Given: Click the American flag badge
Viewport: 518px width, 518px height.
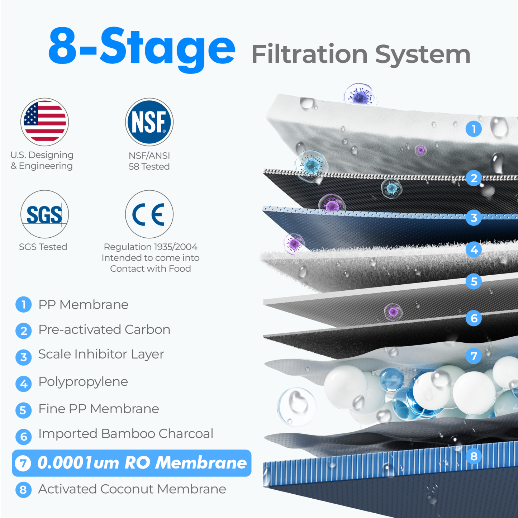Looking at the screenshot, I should coord(44,122).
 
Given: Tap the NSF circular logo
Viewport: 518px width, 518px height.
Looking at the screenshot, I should coord(149,122).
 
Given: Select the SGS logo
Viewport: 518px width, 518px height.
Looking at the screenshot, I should coord(44,214).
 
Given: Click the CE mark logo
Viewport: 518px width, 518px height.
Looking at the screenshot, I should coord(149,214).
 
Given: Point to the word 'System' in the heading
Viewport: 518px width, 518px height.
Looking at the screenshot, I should coord(423,54).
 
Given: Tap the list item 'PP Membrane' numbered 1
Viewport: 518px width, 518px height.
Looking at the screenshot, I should coord(83,305).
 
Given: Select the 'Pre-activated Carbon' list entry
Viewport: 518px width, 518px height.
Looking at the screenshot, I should coord(104,329).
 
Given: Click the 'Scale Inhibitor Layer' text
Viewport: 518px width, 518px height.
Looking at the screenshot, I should coord(101,354).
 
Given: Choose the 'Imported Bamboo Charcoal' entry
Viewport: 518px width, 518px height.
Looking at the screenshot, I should coord(125,434).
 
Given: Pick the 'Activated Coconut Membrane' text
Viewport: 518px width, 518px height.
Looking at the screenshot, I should coord(132,489).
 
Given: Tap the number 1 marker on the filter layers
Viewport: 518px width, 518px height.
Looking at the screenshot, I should coord(474,129).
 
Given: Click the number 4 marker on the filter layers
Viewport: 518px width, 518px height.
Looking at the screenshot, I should coord(474,250).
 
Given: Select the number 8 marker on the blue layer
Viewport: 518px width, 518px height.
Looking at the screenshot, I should coord(474,456).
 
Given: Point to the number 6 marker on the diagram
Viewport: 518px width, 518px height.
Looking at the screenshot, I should coord(474,318).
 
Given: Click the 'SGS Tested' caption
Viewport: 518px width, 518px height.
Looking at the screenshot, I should coord(43,247).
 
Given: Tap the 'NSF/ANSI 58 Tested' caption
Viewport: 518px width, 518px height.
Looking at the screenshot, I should coord(149,161).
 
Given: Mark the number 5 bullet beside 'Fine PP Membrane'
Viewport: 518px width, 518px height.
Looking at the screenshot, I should coord(23,410).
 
